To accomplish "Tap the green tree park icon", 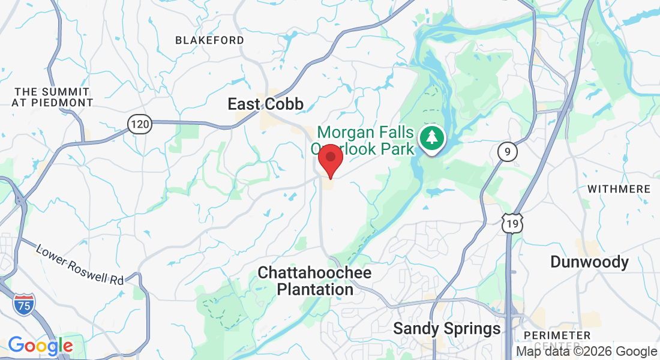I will click(x=432, y=137).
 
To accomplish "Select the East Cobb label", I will click(x=265, y=104).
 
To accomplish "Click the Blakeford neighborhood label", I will click(x=209, y=40).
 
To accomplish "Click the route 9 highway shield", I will click(x=507, y=152).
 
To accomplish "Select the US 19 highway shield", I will click(x=513, y=223).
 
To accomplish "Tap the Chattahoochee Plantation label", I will click(x=314, y=281).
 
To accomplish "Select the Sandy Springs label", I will click(x=446, y=328).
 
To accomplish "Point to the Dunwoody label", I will click(x=590, y=262).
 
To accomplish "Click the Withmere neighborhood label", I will click(x=619, y=189).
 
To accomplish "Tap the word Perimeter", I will click(x=557, y=335).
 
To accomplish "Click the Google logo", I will click(x=40, y=346).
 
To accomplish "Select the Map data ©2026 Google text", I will click(x=587, y=352).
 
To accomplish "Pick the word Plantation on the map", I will click(x=314, y=289).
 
